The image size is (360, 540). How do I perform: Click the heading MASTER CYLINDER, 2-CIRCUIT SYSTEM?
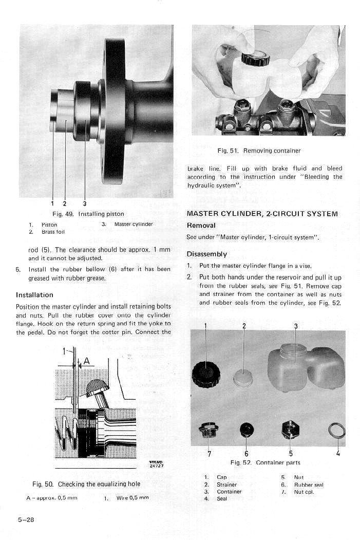262,214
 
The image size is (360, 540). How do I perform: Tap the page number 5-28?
26,519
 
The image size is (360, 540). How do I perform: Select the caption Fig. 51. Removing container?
259,151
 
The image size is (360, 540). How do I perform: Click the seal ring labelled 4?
337,430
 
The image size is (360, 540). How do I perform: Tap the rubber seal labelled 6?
246,429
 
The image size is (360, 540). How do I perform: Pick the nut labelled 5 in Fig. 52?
291,429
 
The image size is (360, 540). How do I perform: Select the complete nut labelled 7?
209,430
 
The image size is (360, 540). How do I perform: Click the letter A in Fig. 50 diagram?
87,361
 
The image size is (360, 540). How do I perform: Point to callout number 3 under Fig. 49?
84,203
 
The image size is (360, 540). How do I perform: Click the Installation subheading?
34,295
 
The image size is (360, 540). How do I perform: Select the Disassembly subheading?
206,254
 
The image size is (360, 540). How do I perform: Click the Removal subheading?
201,226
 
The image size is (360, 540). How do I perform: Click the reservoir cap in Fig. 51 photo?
255,59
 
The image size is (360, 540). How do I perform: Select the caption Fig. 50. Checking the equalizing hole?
86,484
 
